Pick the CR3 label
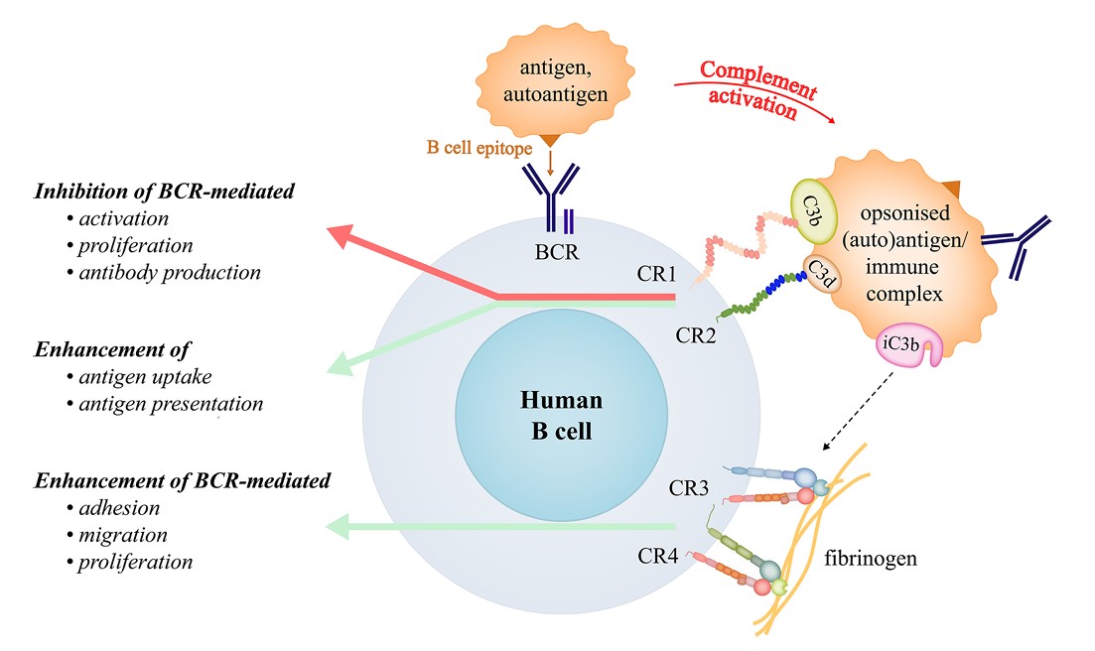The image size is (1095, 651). tap(688, 487)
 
